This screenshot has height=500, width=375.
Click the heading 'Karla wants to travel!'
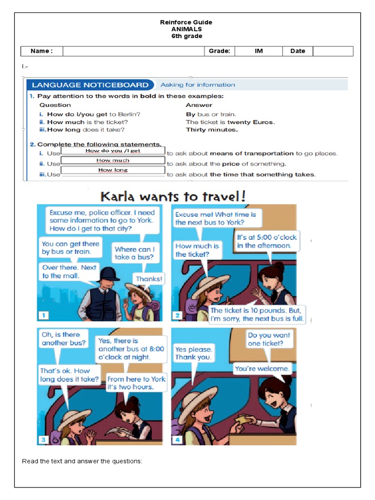pos(173,196)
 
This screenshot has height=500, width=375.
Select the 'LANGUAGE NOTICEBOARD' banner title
pos(90,84)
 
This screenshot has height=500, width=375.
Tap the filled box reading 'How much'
pos(113,161)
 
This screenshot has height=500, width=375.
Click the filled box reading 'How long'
pos(113,170)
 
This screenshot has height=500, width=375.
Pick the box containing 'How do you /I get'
pos(113,151)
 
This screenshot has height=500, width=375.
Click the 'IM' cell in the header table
pos(259,51)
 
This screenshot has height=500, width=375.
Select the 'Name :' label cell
pos(42,51)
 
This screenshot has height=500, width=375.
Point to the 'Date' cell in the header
pos(297,51)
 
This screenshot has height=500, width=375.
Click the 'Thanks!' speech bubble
pos(149,279)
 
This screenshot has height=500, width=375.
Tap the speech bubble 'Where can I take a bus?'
pos(134,253)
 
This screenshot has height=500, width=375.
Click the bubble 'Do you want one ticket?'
pos(269,339)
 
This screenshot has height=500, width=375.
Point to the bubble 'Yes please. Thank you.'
pos(193,353)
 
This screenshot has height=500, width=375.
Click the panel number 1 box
pos(43,315)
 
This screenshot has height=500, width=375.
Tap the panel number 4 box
pos(177,439)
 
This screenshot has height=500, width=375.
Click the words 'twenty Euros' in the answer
pos(250,122)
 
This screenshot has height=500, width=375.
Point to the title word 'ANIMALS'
pos(186,29)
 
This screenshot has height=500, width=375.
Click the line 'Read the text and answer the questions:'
pos(82,461)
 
